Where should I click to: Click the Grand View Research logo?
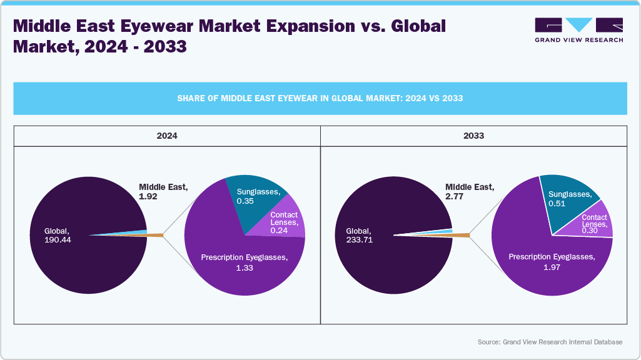(578, 29)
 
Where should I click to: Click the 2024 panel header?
(167, 136)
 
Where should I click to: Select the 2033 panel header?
(473, 136)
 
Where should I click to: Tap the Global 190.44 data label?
(58, 235)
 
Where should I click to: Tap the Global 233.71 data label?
(360, 235)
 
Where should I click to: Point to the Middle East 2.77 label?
(469, 191)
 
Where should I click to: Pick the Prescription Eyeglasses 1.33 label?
(244, 262)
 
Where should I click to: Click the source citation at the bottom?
(550, 342)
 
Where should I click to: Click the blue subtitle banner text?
(320, 98)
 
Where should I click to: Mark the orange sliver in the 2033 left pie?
(460, 235)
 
